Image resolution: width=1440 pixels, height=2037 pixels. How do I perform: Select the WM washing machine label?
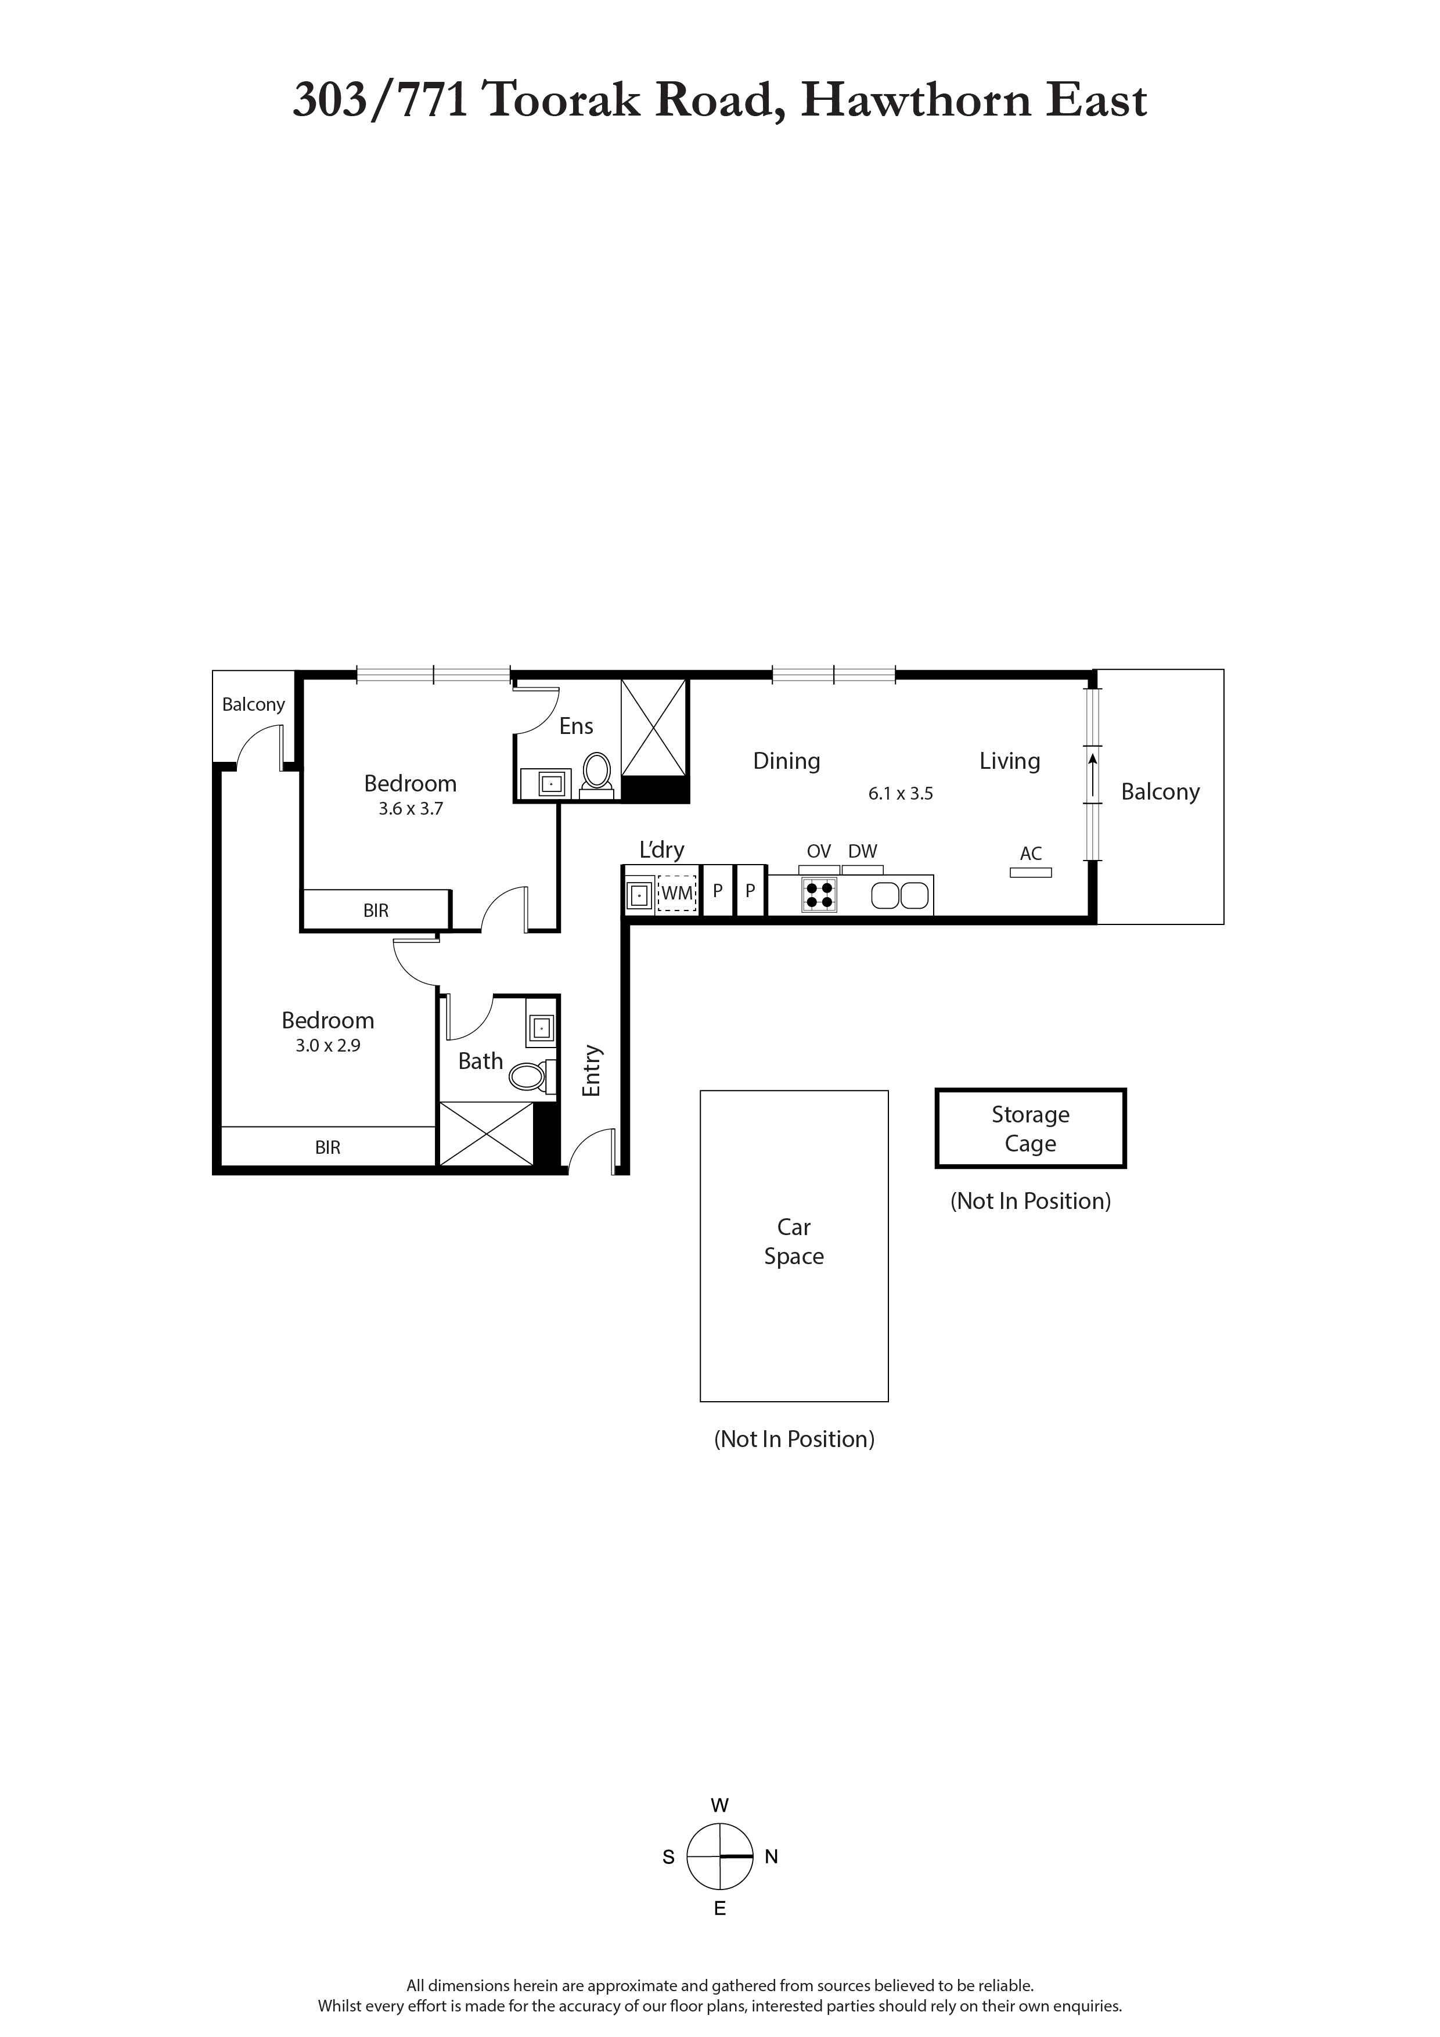click(x=677, y=894)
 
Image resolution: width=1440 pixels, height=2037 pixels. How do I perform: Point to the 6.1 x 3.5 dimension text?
click(x=901, y=794)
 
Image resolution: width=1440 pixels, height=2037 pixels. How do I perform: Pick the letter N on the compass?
click(x=771, y=1857)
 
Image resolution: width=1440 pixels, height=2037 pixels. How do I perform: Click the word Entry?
click(x=592, y=1071)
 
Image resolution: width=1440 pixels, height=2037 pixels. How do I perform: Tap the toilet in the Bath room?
click(x=531, y=1076)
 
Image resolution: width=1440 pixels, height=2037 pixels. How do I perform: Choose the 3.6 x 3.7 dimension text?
click(x=410, y=809)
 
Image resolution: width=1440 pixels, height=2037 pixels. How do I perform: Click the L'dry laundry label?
click(x=662, y=851)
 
